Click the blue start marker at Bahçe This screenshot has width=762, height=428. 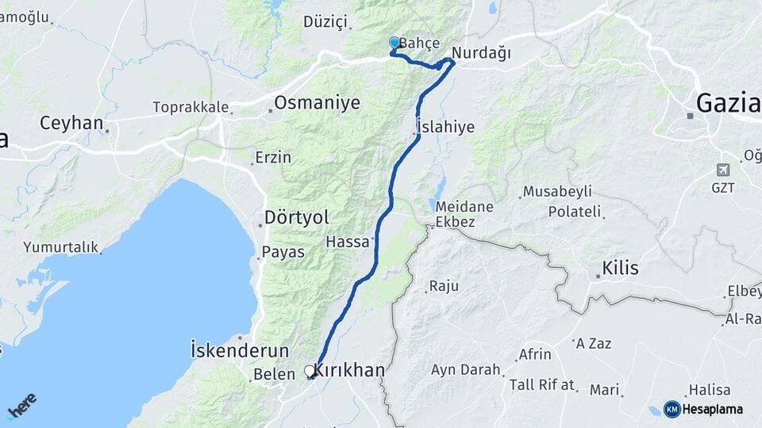tap(394, 43)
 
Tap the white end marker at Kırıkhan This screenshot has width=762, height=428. tap(310, 370)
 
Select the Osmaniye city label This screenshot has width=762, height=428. tap(317, 102)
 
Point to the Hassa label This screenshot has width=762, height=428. tap(348, 240)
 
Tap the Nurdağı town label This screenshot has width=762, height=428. tap(481, 53)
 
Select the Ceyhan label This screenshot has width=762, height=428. tap(72, 123)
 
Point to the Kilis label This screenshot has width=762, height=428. tap(621, 268)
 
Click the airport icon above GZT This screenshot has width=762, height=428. tap(723, 170)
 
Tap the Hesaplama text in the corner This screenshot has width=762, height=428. tap(714, 409)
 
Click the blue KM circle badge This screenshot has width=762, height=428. tap(672, 409)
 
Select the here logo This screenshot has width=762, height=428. tap(21, 406)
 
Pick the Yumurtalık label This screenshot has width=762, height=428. tap(61, 247)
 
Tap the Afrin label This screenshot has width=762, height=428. tap(535, 353)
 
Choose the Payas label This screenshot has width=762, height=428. tap(283, 251)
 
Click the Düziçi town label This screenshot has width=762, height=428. tap(325, 21)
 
